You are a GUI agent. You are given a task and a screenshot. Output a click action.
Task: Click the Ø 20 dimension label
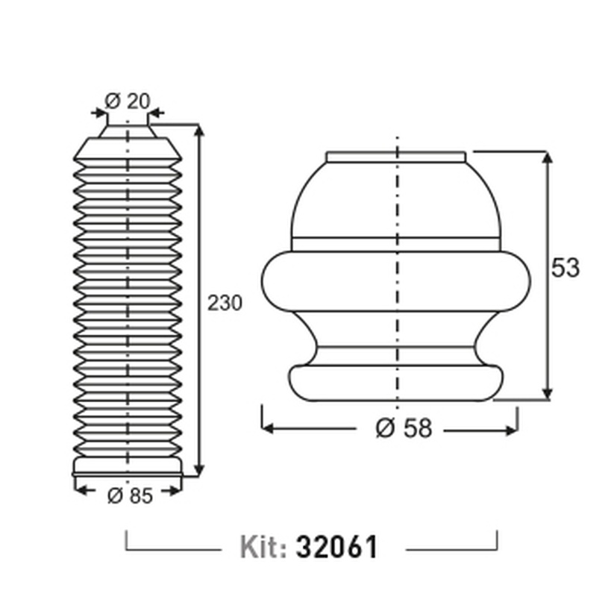(128, 101)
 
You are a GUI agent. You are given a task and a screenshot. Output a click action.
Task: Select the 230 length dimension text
(225, 303)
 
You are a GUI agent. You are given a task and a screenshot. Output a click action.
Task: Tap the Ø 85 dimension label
(130, 495)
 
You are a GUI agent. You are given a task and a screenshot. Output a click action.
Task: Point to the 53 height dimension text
(565, 268)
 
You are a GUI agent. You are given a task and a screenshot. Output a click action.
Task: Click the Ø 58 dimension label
(404, 427)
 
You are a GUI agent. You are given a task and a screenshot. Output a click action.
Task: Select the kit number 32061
(337, 547)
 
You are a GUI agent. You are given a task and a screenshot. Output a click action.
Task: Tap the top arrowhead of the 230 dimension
(199, 129)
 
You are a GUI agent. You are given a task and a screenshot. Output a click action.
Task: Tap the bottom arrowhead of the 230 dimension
(199, 470)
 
